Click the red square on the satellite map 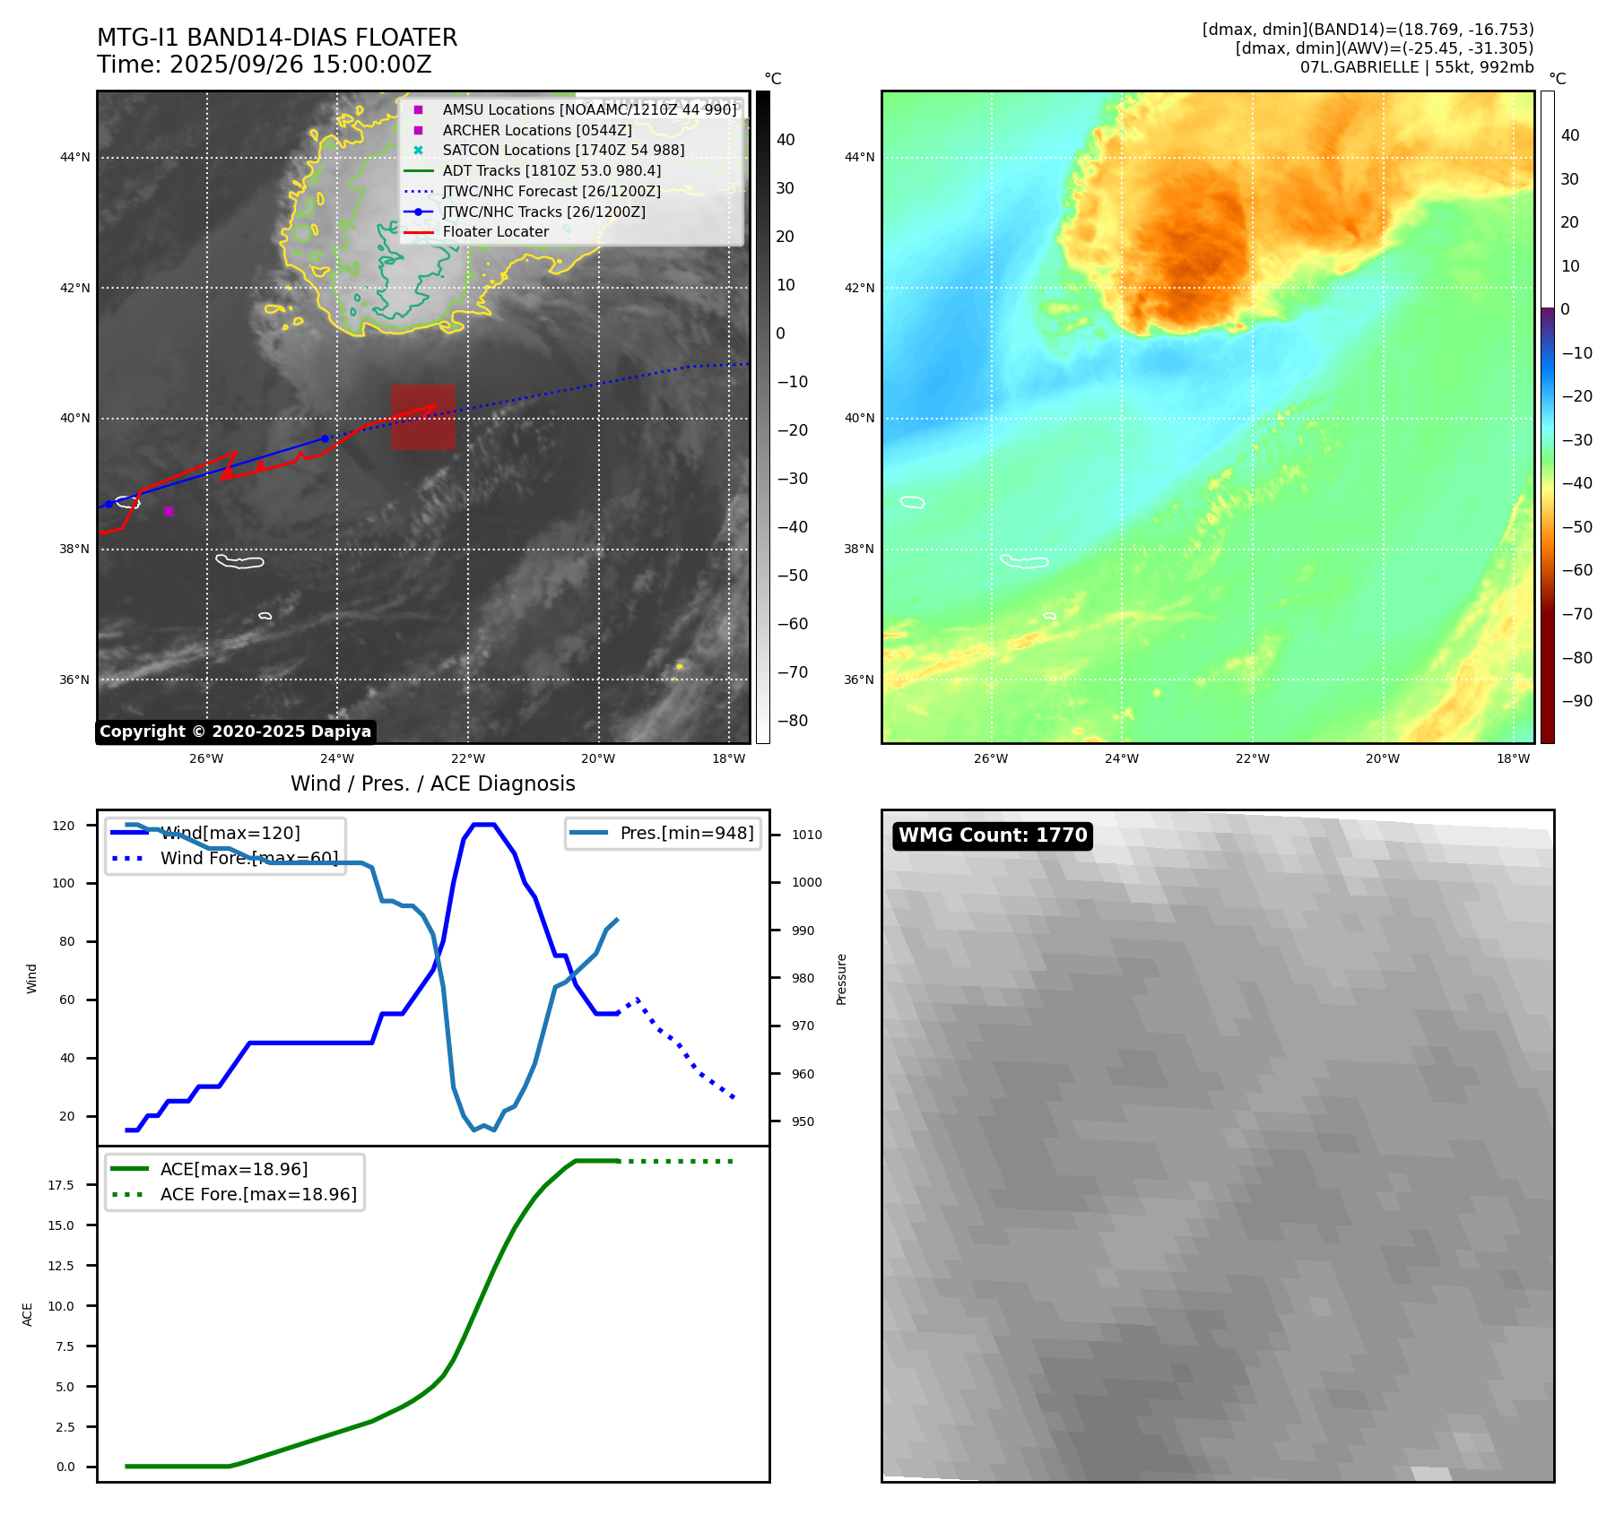tap(422, 417)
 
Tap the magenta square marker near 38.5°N tap(169, 512)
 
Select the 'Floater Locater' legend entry tap(495, 232)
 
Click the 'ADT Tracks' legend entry tap(551, 170)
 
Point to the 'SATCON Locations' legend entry tap(563, 150)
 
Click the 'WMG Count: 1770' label tap(993, 835)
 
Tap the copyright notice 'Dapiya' tap(235, 732)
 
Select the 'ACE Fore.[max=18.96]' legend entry tap(258, 1194)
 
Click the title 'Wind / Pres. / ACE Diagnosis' tap(433, 783)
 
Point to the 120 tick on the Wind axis tap(64, 826)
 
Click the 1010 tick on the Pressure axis tap(806, 835)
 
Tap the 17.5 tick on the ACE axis tap(61, 1185)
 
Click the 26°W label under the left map tap(206, 758)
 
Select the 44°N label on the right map tap(859, 158)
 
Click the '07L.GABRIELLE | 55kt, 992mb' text tap(1417, 67)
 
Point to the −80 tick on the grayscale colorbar tap(792, 721)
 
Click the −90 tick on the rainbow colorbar tap(1576, 701)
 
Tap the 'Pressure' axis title tap(842, 979)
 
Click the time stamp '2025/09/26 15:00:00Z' tap(300, 65)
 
